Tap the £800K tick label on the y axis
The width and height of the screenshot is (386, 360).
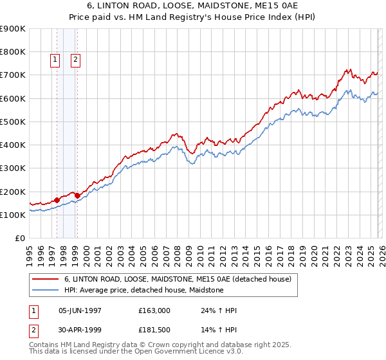tap(13, 52)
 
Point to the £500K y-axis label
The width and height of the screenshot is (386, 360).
tap(13, 122)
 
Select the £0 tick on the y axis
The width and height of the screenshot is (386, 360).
tap(19, 239)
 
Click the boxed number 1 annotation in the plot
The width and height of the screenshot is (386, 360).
tap(55, 60)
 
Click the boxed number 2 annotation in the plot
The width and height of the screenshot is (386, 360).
tap(75, 60)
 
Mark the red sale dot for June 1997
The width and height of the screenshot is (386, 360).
tap(57, 200)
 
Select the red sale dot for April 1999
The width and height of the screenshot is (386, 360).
tap(78, 195)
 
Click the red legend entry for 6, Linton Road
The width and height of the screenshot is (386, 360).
tap(178, 279)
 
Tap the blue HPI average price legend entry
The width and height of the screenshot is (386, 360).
tap(143, 290)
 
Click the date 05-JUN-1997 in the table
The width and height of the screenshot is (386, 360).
tap(80, 310)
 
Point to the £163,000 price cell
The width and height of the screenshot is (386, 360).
tap(154, 310)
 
